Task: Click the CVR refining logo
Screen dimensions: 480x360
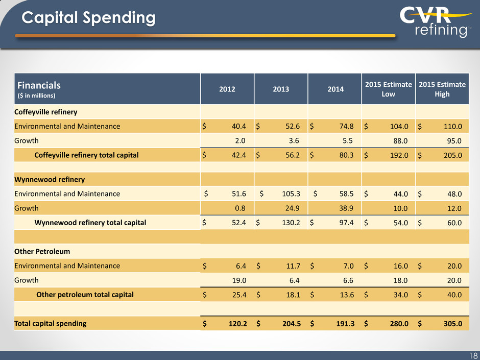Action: [x=436, y=22]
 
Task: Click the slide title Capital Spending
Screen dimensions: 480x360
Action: [x=88, y=18]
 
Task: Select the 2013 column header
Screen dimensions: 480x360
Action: [x=281, y=89]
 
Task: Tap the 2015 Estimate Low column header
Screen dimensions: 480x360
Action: [x=388, y=89]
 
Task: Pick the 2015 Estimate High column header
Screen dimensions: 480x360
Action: [x=442, y=89]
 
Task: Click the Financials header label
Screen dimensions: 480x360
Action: [x=39, y=85]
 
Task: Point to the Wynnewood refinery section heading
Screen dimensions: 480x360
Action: [x=50, y=179]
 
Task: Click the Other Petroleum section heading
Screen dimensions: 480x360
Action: [x=42, y=251]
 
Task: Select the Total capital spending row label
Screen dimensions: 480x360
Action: [x=51, y=323]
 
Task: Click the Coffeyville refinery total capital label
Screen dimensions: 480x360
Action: [x=86, y=155]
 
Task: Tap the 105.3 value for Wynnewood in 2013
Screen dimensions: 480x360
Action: [x=291, y=194]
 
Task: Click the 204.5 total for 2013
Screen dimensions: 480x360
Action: [x=292, y=324]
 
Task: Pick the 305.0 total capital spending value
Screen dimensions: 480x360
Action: [x=453, y=324]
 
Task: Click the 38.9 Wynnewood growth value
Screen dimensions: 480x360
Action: [x=346, y=208]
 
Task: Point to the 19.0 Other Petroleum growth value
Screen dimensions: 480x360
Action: [x=239, y=280]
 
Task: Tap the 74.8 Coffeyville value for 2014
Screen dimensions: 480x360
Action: [x=346, y=126]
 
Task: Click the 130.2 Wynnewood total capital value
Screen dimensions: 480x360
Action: [x=291, y=223]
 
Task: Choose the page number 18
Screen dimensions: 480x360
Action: [x=473, y=355]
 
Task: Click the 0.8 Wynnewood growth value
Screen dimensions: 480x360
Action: [x=240, y=208]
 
